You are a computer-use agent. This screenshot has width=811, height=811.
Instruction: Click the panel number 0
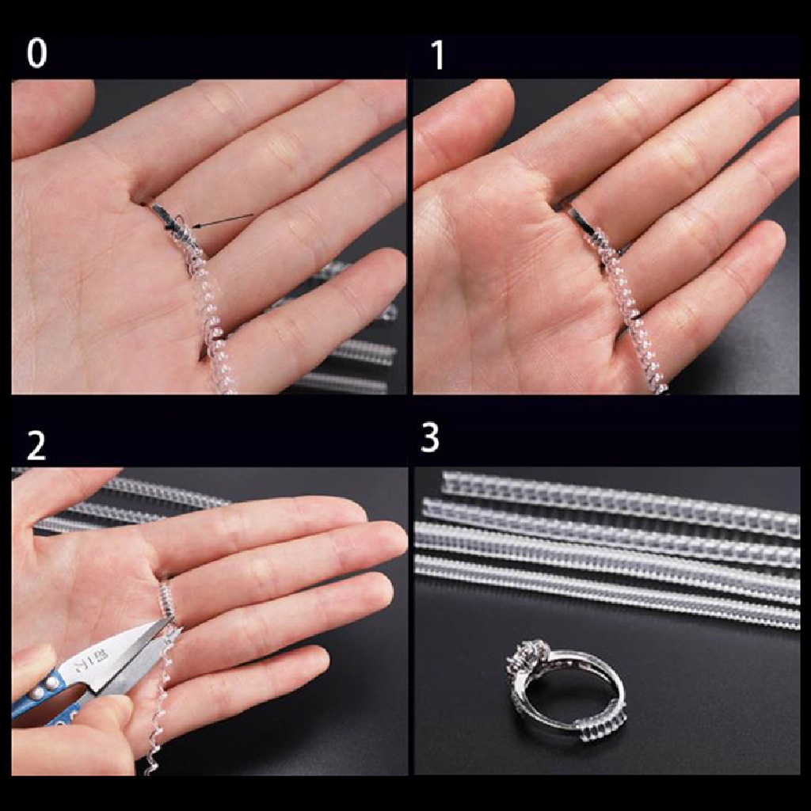pyautogui.click(x=36, y=54)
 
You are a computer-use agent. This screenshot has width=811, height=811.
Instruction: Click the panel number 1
pyautogui.click(x=438, y=54)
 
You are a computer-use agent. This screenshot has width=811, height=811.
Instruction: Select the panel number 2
pyautogui.click(x=36, y=447)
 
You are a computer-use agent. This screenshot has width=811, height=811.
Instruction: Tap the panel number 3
pyautogui.click(x=429, y=438)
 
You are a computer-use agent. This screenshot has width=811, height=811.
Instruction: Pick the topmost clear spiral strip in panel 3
pyautogui.click(x=618, y=499)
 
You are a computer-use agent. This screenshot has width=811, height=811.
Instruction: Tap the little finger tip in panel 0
pyautogui.click(x=388, y=269)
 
